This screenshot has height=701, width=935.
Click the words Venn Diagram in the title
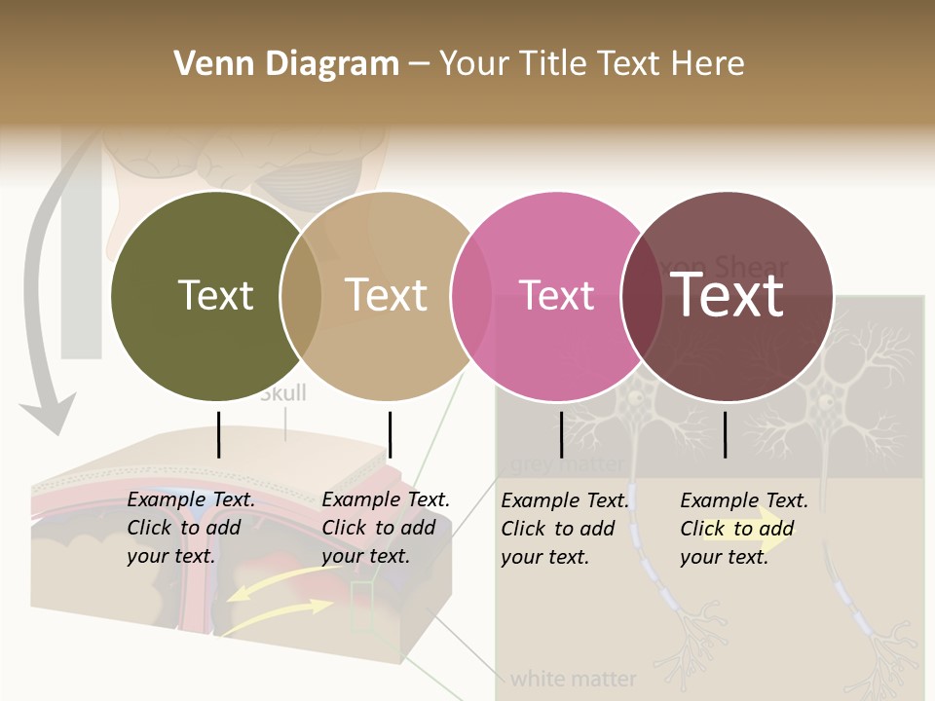click(x=286, y=64)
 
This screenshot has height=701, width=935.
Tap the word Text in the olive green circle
click(x=215, y=295)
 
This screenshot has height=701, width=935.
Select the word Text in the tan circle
click(x=387, y=295)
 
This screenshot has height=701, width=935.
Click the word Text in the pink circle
click(x=556, y=296)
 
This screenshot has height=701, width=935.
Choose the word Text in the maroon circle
click(x=728, y=295)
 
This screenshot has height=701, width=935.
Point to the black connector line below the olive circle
click(x=219, y=434)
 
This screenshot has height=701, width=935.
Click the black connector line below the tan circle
click(x=390, y=434)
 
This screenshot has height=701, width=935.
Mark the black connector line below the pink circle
click(x=561, y=434)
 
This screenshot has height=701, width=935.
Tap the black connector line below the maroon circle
click(x=726, y=434)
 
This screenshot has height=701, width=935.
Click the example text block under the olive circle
click(x=191, y=528)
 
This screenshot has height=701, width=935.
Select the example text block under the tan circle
click(x=386, y=528)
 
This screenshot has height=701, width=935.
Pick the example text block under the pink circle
click(x=565, y=529)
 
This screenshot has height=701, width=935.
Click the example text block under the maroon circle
click(x=744, y=529)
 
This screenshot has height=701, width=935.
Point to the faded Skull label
click(x=283, y=393)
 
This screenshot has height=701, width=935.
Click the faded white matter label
click(x=574, y=678)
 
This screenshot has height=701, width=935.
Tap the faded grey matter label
click(x=565, y=464)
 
